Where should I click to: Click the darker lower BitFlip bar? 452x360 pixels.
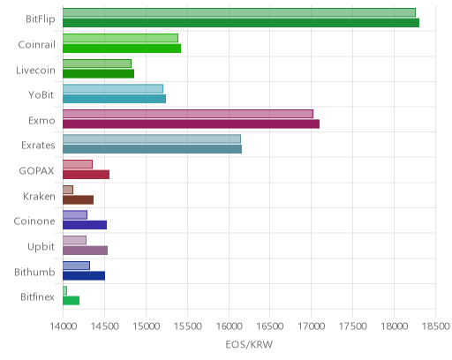pos(241,23)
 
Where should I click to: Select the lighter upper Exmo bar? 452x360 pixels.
pos(188,114)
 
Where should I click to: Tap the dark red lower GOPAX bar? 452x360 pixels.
pos(86,175)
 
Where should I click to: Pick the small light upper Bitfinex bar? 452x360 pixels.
pos(64,290)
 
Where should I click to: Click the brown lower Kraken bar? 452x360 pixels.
pos(78,199)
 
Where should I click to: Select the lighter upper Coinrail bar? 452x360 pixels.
pos(120,38)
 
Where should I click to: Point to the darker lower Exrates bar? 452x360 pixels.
pos(152,149)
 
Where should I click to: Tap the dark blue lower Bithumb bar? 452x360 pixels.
pos(84,275)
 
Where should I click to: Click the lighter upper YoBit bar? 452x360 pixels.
pos(113,88)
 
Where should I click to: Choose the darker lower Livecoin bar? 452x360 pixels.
pos(98,73)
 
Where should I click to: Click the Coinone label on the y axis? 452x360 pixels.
pos(34,221)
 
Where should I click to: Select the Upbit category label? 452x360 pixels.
pos(41,247)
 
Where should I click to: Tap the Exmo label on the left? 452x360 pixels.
pos(41,121)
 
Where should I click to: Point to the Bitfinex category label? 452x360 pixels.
pos(37,297)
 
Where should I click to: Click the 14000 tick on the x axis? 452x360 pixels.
pos(63,326)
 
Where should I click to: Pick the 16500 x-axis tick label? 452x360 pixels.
pos(270,326)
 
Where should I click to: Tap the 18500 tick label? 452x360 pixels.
pos(436,326)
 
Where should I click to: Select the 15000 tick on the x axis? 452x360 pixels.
pos(146,326)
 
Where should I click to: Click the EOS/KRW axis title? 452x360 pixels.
pos(249,344)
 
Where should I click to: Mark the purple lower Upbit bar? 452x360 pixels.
pos(85,251)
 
